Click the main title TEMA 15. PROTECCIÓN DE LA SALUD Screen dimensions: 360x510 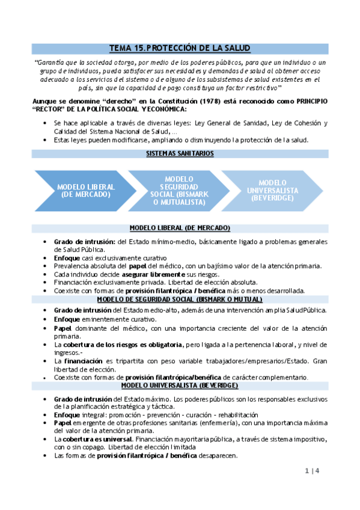(x=180, y=48)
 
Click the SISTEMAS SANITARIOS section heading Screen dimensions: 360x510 (x=180, y=153)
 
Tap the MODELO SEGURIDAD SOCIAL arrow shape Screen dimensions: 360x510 (x=178, y=191)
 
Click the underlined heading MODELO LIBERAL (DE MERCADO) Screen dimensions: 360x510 (x=180, y=229)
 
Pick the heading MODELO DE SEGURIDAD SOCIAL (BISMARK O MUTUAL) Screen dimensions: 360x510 (x=180, y=300)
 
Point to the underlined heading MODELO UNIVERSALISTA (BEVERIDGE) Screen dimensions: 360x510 (x=180, y=385)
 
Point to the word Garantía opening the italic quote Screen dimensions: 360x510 (x=49, y=63)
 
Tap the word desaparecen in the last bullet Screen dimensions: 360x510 (x=217, y=455)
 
